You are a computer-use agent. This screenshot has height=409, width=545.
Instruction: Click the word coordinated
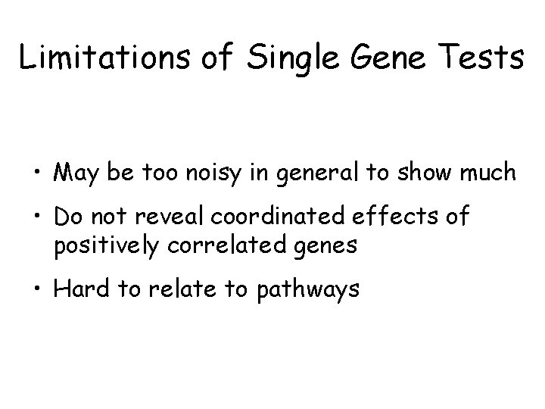click(279, 218)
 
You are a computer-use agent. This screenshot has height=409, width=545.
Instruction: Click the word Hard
click(79, 289)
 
